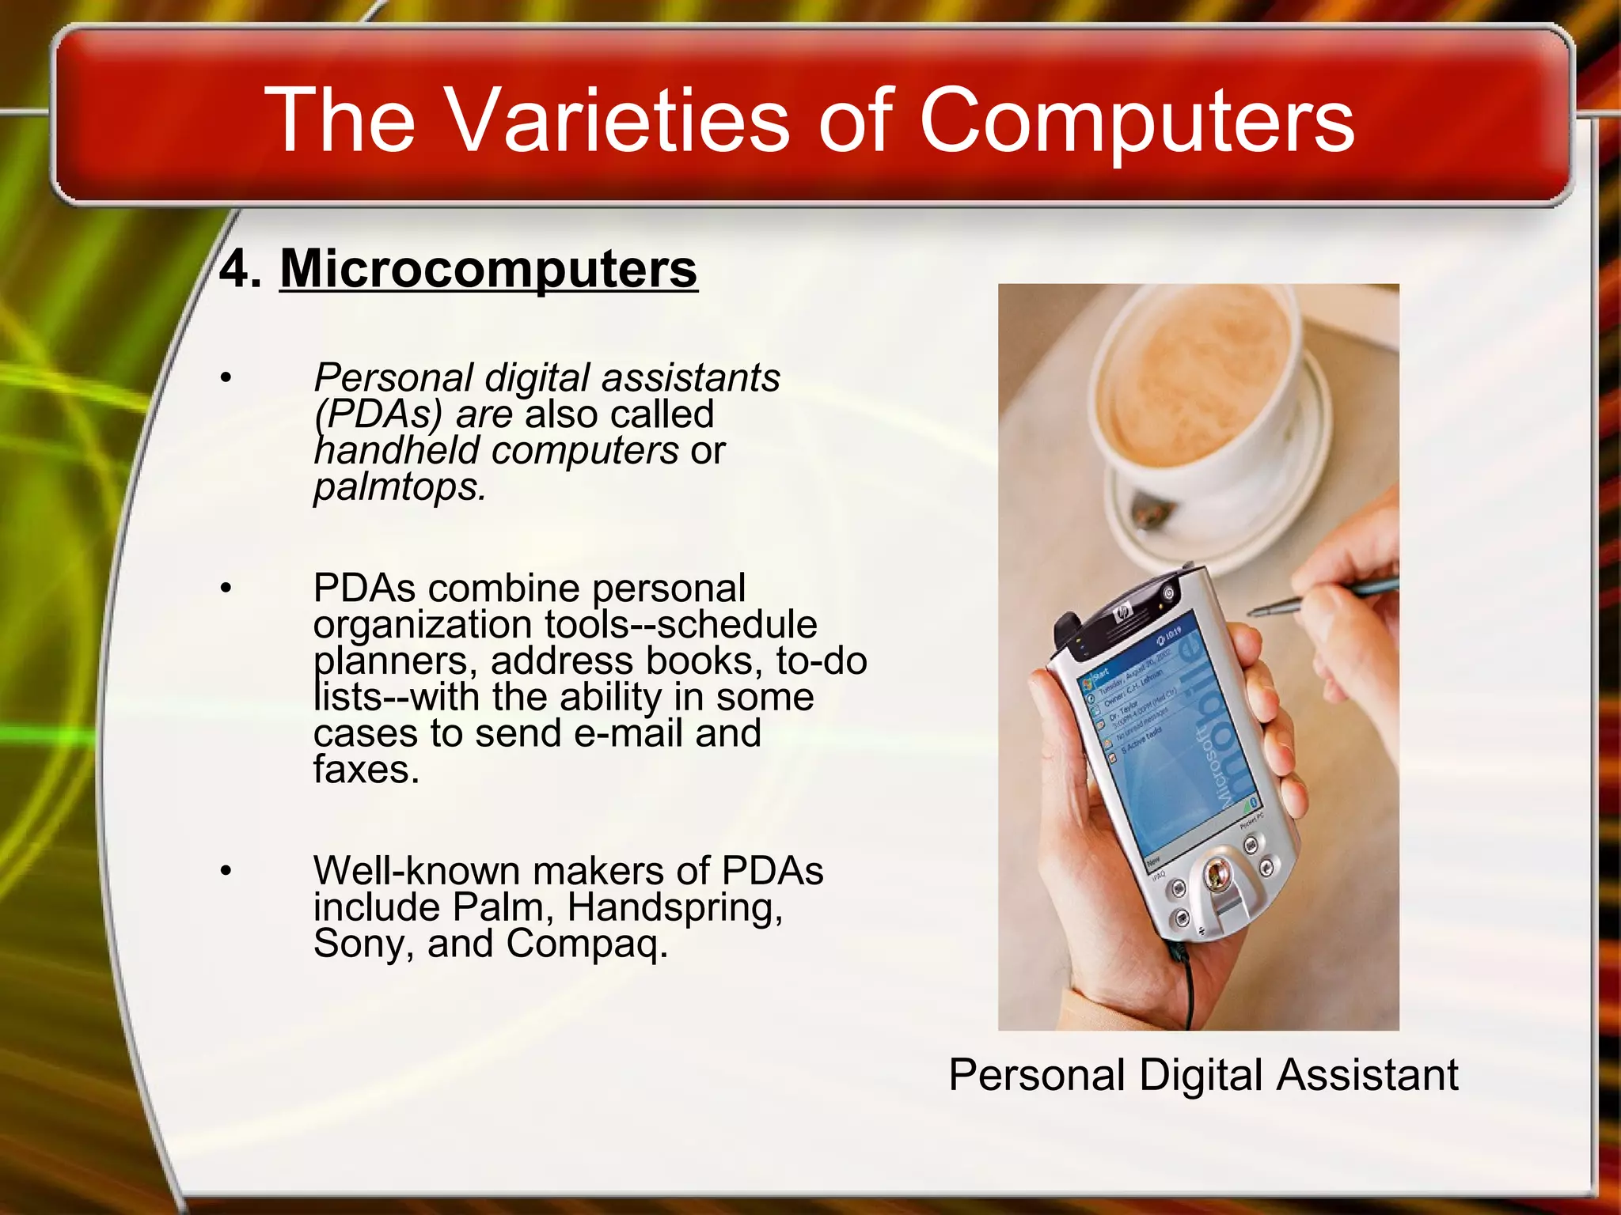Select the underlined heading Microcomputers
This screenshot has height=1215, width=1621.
click(488, 269)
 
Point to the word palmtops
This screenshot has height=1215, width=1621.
click(398, 486)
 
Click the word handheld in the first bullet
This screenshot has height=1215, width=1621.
click(401, 450)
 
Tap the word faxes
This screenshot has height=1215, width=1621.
click(366, 769)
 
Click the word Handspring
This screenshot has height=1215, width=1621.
click(674, 907)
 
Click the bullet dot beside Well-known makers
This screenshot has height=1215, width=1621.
click(226, 871)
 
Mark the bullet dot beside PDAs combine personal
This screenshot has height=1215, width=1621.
click(226, 589)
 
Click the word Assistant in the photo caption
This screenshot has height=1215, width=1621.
click(1367, 1075)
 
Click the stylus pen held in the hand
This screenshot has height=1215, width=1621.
click(1322, 597)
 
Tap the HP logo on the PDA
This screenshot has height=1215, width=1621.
click(1121, 613)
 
